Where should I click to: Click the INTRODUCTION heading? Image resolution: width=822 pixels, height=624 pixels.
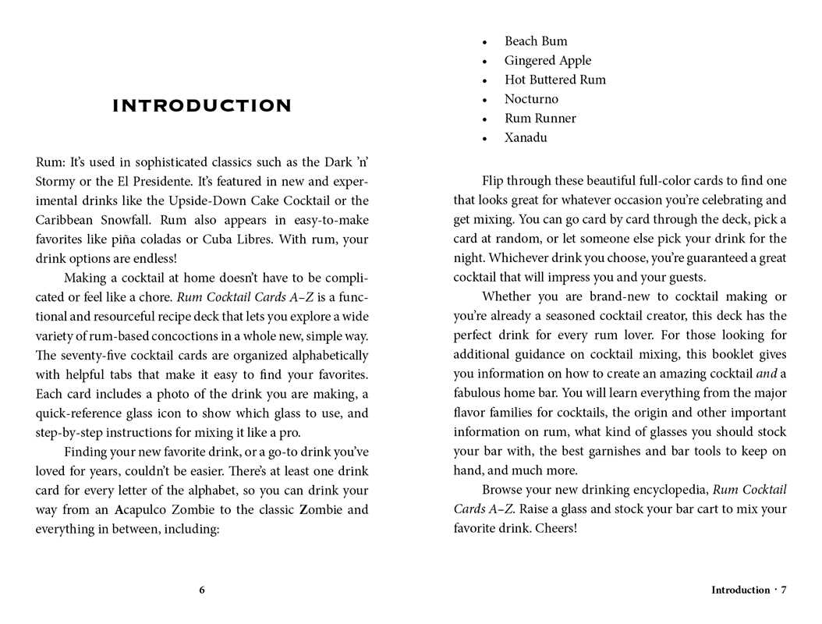tap(202, 106)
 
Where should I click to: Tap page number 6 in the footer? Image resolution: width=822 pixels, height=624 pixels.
tap(202, 590)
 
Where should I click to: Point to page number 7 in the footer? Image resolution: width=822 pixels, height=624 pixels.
tap(784, 590)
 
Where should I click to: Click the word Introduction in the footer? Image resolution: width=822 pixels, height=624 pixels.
tap(740, 590)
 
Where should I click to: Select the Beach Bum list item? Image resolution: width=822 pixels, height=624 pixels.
tap(536, 41)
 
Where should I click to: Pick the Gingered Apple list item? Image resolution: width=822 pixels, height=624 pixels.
tap(547, 61)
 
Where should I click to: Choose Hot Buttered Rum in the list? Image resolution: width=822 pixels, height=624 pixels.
tap(554, 80)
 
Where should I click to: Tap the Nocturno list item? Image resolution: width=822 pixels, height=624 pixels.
tap(531, 99)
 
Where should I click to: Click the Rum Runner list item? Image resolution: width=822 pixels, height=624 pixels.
tap(540, 119)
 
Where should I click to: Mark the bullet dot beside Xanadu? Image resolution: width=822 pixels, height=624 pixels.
tap(485, 139)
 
